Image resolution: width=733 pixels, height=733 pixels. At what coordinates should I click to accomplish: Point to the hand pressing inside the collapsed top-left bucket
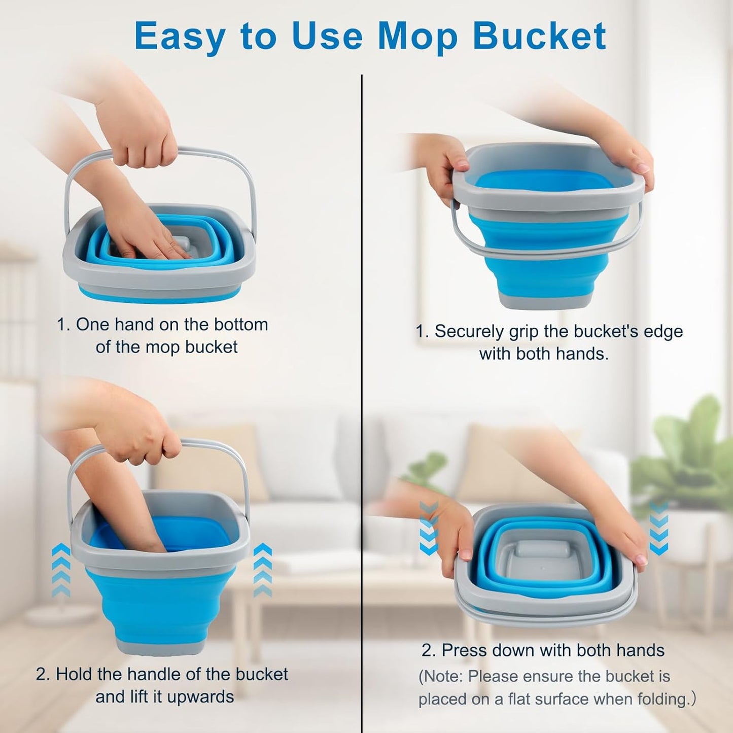(x=147, y=238)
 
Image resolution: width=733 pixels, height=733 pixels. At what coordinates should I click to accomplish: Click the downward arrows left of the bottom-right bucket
(x=429, y=528)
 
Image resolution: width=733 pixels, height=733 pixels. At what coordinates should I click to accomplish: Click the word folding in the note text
(x=662, y=699)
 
